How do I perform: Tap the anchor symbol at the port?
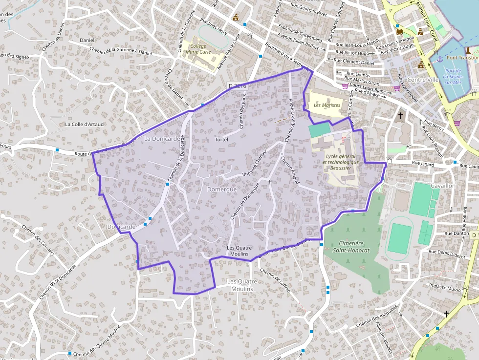(439, 59)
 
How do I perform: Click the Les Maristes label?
(327, 105)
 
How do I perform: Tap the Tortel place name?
(221, 140)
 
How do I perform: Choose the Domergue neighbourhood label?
(222, 189)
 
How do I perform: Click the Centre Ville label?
(423, 80)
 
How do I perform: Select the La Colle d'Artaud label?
(85, 124)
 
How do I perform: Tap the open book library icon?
(399, 32)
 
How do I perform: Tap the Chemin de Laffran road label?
(275, 281)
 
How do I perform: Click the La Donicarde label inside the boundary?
(162, 139)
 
